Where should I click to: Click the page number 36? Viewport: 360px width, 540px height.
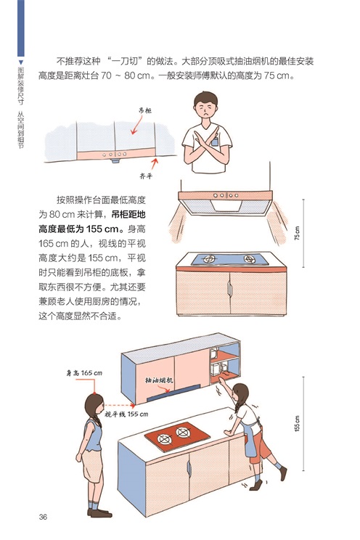pyautogui.click(x=43, y=517)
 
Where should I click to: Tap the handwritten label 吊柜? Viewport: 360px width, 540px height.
pyautogui.click(x=144, y=110)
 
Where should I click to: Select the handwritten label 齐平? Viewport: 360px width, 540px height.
pyautogui.click(x=146, y=176)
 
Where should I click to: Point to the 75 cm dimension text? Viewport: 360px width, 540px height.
pyautogui.click(x=297, y=233)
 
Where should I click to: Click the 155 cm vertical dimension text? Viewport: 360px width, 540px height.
pyautogui.click(x=297, y=423)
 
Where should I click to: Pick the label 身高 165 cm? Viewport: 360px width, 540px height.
pyautogui.click(x=84, y=372)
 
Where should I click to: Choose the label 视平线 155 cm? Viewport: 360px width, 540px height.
pyautogui.click(x=126, y=414)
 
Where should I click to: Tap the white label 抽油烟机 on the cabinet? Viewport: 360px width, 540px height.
pyautogui.click(x=159, y=380)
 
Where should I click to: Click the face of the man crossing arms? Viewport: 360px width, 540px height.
pyautogui.click(x=205, y=108)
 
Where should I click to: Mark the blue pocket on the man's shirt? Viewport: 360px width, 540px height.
pyautogui.click(x=215, y=142)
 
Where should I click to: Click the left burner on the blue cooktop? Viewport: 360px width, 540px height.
pyautogui.click(x=209, y=258)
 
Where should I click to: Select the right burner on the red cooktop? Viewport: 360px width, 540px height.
pyautogui.click(x=182, y=432)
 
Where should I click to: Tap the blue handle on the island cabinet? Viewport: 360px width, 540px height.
pyautogui.click(x=189, y=468)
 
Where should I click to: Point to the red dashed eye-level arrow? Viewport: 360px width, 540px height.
pyautogui.click(x=119, y=405)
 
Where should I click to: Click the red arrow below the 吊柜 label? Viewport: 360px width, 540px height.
pyautogui.click(x=136, y=125)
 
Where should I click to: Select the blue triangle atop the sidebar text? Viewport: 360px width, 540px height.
pyautogui.click(x=20, y=62)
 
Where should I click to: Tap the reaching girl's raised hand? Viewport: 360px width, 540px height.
pyautogui.click(x=222, y=380)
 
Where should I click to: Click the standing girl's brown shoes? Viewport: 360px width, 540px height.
pyautogui.click(x=99, y=513)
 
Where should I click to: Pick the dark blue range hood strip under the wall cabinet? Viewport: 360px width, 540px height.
pyautogui.click(x=173, y=393)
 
